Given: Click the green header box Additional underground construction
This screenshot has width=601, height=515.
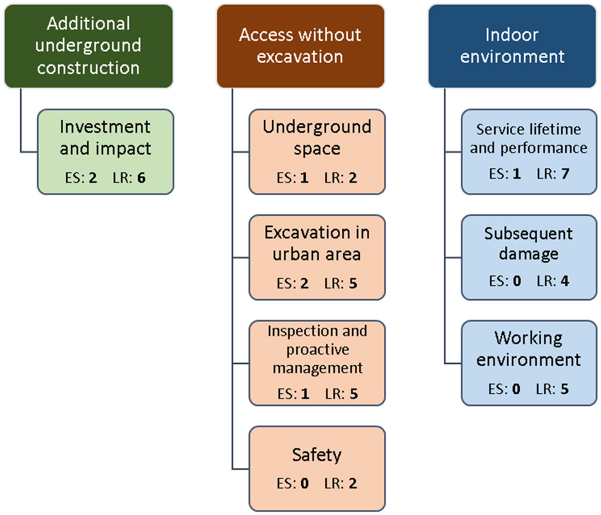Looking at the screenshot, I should coord(88,46).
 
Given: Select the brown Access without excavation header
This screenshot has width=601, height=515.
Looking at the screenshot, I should coord(300,46).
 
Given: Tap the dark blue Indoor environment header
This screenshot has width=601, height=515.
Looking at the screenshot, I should coord(512,46).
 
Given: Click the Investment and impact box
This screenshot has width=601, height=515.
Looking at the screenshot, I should coord(105,151).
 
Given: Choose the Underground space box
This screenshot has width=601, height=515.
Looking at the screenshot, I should coord(317,151).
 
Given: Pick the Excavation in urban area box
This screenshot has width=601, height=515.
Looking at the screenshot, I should coord(317,257).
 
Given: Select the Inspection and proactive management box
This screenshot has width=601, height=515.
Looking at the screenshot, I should coord(317,363).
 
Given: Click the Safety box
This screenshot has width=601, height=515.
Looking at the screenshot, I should coord(317,468).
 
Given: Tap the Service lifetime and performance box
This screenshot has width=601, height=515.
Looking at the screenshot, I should coord(529,151).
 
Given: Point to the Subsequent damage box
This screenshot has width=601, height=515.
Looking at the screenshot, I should coord(529,257).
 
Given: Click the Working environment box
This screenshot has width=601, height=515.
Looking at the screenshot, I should coord(529,363).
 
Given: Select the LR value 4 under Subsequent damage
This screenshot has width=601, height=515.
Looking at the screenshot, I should coord(565,281).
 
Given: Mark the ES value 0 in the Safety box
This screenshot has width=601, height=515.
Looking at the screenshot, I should coord(305,483).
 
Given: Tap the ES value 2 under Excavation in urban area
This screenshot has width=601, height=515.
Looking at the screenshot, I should coord(305,283).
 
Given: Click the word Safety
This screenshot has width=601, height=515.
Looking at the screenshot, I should coord(317,454).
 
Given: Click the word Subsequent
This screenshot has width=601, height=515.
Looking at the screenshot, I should coord(528,234).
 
